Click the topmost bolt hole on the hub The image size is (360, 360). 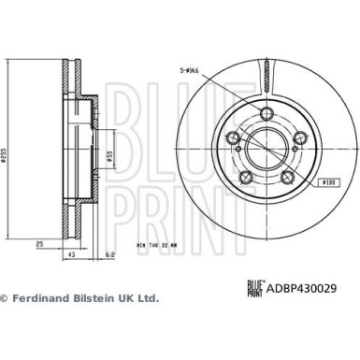[268, 114]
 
